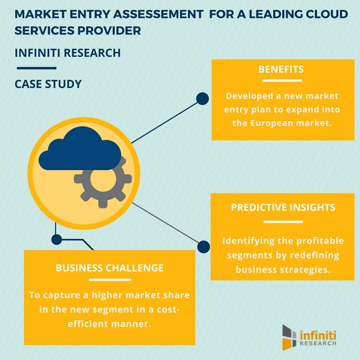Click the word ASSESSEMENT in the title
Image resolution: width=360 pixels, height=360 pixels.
158,14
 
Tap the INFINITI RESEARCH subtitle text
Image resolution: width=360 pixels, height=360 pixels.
68,53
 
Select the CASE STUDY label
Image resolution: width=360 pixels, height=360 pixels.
48,84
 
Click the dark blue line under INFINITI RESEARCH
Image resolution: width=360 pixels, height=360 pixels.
37,68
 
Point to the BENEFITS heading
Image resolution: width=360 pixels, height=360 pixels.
281,69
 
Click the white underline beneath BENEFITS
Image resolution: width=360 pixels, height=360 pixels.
282,81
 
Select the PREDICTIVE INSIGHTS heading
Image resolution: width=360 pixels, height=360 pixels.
283,207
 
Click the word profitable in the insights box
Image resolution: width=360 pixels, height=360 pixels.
320,241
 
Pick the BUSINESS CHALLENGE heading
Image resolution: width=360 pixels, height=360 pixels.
109,268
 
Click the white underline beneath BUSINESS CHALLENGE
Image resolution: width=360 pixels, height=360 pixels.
110,280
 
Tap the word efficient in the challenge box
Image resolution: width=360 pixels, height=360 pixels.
88,324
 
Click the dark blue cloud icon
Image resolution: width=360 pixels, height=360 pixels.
80,148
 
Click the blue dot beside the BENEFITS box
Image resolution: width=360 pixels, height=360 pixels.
202,99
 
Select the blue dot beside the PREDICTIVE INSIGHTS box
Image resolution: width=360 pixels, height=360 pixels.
203,247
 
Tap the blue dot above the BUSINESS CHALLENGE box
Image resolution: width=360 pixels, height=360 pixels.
57,240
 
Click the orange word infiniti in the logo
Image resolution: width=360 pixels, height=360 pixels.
318,335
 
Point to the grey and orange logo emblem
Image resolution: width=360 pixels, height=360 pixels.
289,337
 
